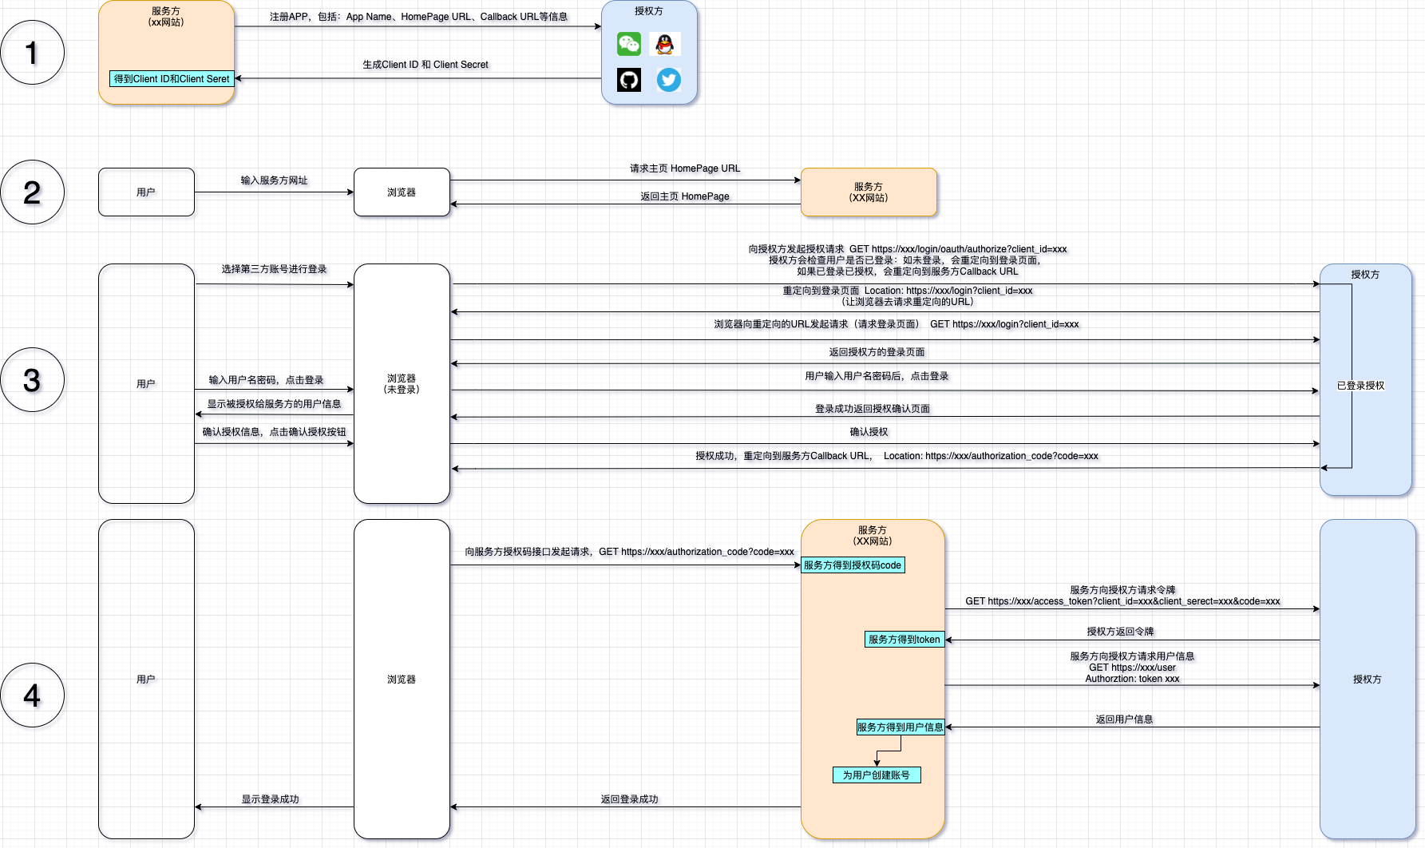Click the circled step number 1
tap(32, 53)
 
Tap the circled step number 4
tap(32, 695)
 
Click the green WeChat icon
tap(629, 44)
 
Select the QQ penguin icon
tap(665, 44)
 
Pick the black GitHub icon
tap(629, 80)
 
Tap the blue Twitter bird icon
tap(669, 80)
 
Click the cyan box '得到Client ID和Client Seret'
tap(172, 79)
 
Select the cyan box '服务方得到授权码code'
tap(853, 565)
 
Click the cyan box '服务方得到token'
tap(904, 640)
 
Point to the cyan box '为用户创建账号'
tap(877, 775)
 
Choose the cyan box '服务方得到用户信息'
tap(901, 727)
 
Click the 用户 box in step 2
tap(146, 192)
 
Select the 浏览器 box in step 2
tap(402, 192)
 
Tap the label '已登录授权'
tap(1361, 386)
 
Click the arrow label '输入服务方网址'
tap(274, 180)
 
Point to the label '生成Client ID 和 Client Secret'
tap(426, 65)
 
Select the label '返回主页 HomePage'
tap(685, 196)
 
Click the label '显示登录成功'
tap(271, 799)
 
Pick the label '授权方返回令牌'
tap(1120, 632)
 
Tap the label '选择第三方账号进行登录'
tap(274, 269)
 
